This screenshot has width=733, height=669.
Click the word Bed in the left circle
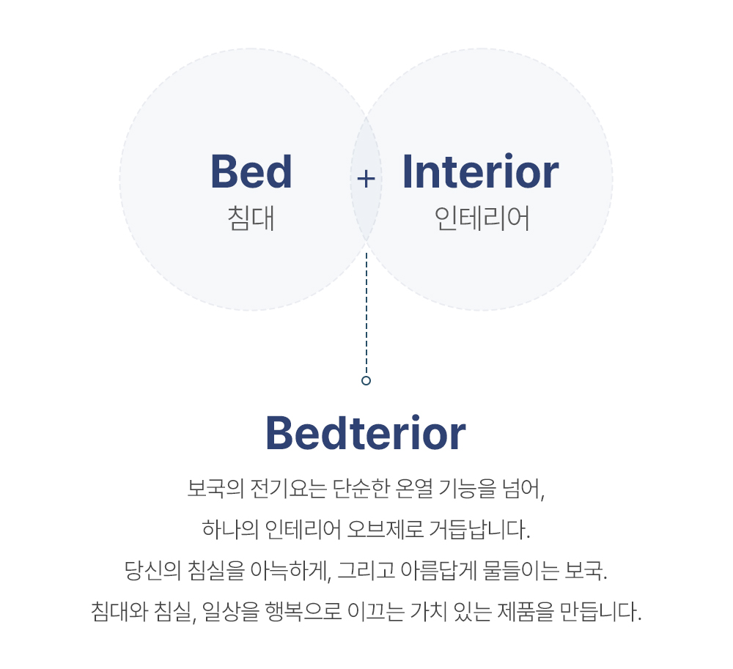click(251, 171)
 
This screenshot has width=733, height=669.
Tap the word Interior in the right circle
click(481, 171)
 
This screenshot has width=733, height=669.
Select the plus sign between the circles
click(366, 179)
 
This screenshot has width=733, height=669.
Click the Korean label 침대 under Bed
click(251, 218)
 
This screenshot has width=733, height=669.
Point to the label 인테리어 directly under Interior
click(482, 218)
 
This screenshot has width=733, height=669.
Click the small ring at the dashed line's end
click(366, 381)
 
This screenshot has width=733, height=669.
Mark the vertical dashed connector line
click(366, 314)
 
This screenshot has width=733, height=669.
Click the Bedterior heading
click(366, 434)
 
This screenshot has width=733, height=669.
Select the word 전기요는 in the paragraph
click(288, 489)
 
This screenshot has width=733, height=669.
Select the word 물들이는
click(520, 570)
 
